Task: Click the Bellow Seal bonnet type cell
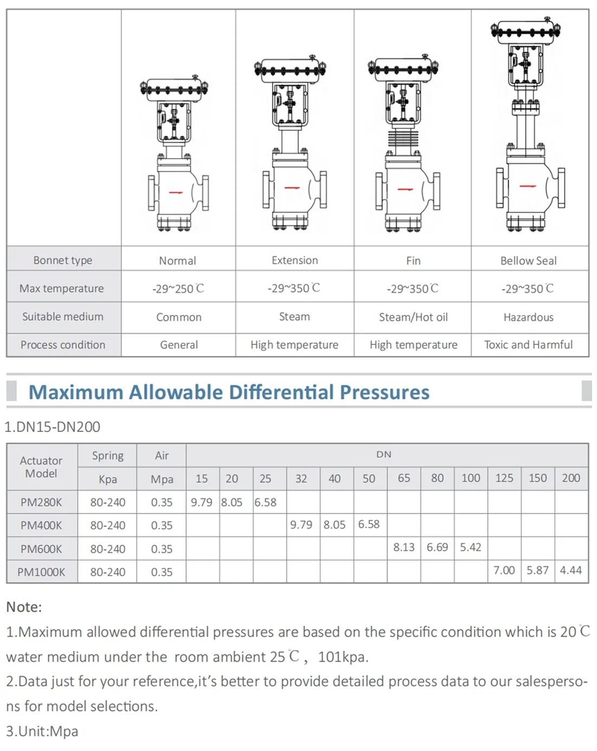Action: pyautogui.click(x=528, y=261)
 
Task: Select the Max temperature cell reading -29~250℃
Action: pyautogui.click(x=178, y=289)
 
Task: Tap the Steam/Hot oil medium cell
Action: pyautogui.click(x=413, y=318)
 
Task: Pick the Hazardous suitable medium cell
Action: pyautogui.click(x=528, y=318)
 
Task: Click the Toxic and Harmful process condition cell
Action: pyautogui.click(x=528, y=345)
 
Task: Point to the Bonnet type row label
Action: pyautogui.click(x=63, y=260)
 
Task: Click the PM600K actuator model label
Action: pyautogui.click(x=41, y=549)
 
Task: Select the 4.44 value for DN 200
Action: pyautogui.click(x=570, y=570)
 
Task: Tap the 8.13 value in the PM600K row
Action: pyautogui.click(x=404, y=547)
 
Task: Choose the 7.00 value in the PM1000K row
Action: pyautogui.click(x=504, y=570)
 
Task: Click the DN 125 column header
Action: pyautogui.click(x=504, y=478)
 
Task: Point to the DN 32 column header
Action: pyautogui.click(x=301, y=478)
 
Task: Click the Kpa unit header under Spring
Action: pyautogui.click(x=107, y=479)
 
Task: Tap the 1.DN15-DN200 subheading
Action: pyautogui.click(x=53, y=427)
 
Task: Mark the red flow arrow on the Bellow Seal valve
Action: pyautogui.click(x=528, y=186)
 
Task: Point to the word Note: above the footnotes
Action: pyautogui.click(x=24, y=607)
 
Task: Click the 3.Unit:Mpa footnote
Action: pyautogui.click(x=42, y=731)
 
